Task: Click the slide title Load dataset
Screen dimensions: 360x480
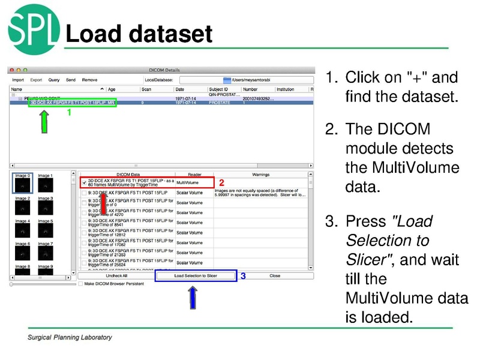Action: (x=139, y=34)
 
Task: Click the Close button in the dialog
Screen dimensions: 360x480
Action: (x=275, y=275)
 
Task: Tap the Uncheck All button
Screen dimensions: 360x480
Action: (x=116, y=275)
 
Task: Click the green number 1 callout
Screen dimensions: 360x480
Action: (x=69, y=112)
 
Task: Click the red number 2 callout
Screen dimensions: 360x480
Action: (x=221, y=182)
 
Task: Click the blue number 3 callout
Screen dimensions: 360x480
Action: (x=243, y=276)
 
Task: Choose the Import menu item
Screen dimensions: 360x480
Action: (x=18, y=79)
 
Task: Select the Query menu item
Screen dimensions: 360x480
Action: (x=54, y=79)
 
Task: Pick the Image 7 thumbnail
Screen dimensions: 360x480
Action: (x=45, y=253)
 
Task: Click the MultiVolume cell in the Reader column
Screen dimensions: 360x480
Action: (x=188, y=182)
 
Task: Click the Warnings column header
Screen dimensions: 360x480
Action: (x=260, y=174)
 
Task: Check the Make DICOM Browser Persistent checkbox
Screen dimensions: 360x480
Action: (x=82, y=284)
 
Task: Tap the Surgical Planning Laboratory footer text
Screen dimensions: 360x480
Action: (x=70, y=337)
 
